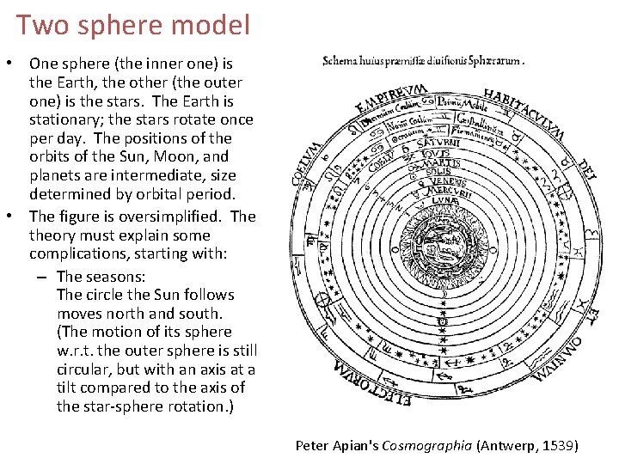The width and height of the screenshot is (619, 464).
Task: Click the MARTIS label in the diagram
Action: coord(442,163)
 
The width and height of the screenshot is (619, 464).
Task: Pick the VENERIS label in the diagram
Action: coord(443,182)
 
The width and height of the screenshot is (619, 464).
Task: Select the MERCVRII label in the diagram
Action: coord(443,192)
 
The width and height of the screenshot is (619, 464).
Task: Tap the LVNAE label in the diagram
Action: coord(443,201)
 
